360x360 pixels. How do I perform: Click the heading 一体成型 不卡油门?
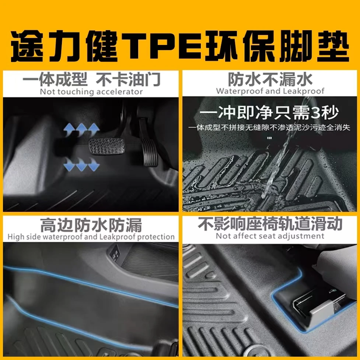tap(91, 79)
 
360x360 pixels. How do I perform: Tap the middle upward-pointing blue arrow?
tap(81, 129)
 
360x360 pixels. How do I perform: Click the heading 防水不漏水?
tap(270, 79)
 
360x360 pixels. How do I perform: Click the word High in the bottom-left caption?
tap(16, 237)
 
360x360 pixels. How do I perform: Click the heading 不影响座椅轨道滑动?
tap(270, 224)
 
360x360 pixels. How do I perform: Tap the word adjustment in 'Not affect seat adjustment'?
tap(302, 236)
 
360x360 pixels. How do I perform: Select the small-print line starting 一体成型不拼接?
tap(269, 127)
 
